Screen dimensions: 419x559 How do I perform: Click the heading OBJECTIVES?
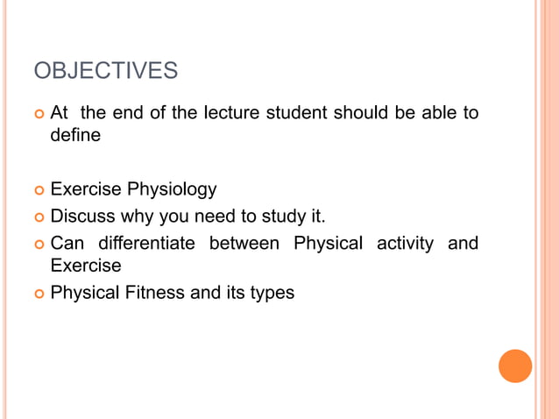(105, 70)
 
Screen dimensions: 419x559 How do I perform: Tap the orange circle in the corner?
(515, 366)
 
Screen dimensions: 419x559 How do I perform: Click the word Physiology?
(172, 189)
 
